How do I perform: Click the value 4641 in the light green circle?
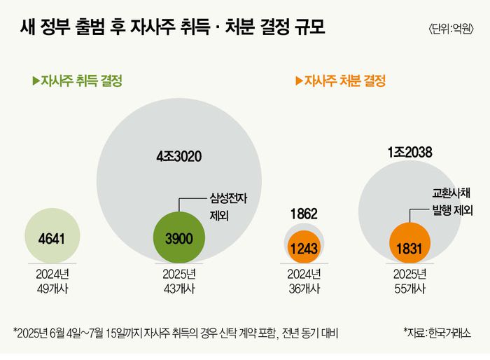coord(51,239)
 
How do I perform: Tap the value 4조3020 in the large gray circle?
coord(178,156)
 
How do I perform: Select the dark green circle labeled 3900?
coord(178,239)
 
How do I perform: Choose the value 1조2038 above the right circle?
coord(409,152)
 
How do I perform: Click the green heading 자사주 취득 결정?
coord(82,81)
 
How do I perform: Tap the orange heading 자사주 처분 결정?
coord(345,81)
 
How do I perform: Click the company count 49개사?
coord(51,288)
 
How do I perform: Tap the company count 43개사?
coord(178,288)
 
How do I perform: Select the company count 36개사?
coord(304,288)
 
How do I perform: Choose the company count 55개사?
coord(409,288)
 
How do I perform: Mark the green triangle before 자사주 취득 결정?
coord(36,81)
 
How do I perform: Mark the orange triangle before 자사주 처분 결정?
coord(299,81)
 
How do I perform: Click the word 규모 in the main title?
coord(307,29)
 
